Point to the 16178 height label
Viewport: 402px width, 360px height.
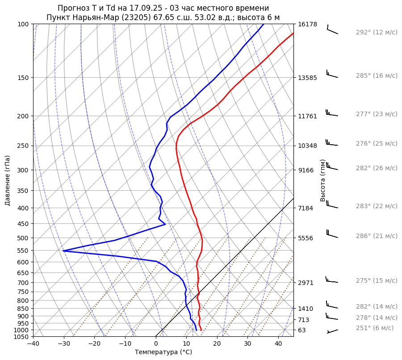307,24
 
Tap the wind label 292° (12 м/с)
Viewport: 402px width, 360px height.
376,33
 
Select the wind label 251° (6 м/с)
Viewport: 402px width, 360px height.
374,328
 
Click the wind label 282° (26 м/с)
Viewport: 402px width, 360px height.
376,168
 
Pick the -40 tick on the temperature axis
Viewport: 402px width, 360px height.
33,344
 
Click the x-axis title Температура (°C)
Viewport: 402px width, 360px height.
163,352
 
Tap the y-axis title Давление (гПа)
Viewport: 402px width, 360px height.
8,180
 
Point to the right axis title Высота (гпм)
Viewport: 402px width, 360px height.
323,180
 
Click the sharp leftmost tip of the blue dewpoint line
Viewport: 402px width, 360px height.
63,251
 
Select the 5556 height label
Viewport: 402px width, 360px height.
306,238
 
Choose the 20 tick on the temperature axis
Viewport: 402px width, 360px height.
217,344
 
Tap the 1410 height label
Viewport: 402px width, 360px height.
306,309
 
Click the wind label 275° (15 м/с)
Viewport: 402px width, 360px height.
376,280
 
